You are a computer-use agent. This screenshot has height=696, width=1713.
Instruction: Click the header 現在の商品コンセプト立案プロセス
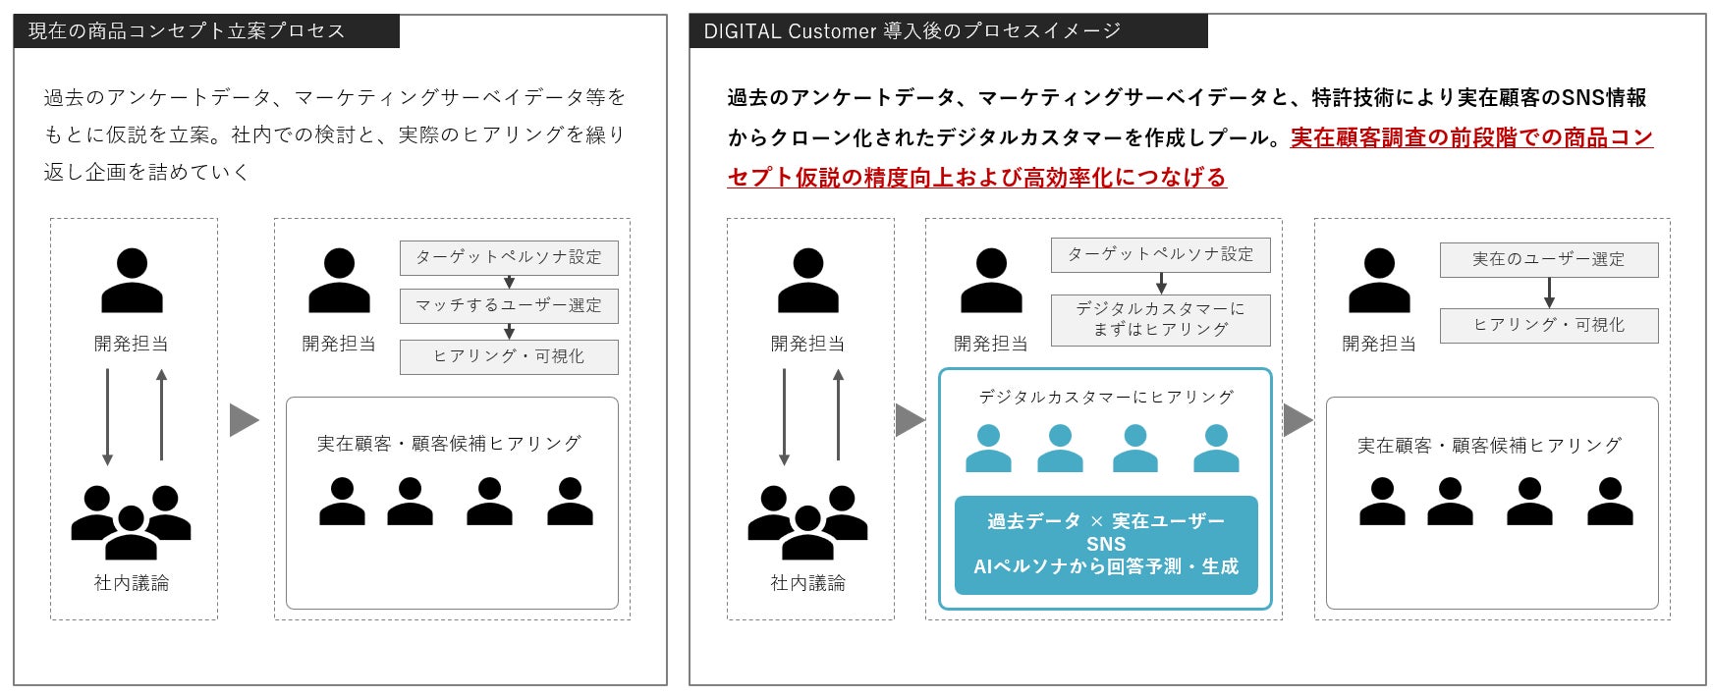187,31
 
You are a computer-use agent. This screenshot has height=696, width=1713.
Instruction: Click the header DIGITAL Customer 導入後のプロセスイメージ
912,31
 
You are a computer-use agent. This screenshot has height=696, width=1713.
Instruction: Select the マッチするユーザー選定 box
509,305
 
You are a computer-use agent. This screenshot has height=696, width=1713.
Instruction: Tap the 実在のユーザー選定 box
1548,260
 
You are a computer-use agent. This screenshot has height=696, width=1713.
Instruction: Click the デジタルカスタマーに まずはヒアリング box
1160,320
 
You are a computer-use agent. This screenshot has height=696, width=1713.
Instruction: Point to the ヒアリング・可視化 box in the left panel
509,357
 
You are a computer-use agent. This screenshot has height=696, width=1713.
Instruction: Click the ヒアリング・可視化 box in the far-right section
1548,326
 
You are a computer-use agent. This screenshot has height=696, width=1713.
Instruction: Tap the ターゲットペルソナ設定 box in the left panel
509,258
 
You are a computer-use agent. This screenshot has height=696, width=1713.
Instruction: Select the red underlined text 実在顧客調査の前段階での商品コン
1471,138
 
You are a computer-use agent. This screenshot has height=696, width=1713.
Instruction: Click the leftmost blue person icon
988,449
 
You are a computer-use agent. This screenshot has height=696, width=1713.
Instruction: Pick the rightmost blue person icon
1215,449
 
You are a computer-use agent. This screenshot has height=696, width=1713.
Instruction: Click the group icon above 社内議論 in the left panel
131,521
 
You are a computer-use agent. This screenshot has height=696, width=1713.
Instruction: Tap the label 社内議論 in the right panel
807,583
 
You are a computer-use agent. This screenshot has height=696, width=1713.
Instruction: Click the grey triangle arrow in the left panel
243,420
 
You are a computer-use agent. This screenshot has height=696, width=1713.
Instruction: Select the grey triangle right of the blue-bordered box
1297,420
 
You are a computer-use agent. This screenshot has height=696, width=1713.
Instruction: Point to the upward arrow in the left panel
162,415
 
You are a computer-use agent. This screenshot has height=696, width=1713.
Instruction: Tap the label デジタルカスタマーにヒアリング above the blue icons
1106,398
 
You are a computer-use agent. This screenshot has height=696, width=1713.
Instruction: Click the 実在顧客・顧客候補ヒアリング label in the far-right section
1489,446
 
